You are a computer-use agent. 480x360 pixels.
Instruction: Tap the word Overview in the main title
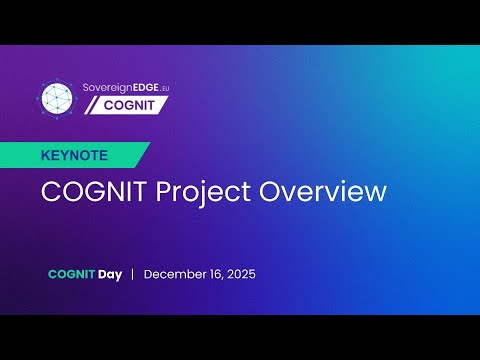coord(323,192)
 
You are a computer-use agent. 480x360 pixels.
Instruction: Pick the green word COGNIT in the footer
coord(70,274)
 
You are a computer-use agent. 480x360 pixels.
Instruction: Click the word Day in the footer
coord(109,274)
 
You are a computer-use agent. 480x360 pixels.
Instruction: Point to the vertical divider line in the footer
coord(132,274)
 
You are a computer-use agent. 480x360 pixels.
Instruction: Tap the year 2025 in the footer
coord(241,274)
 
